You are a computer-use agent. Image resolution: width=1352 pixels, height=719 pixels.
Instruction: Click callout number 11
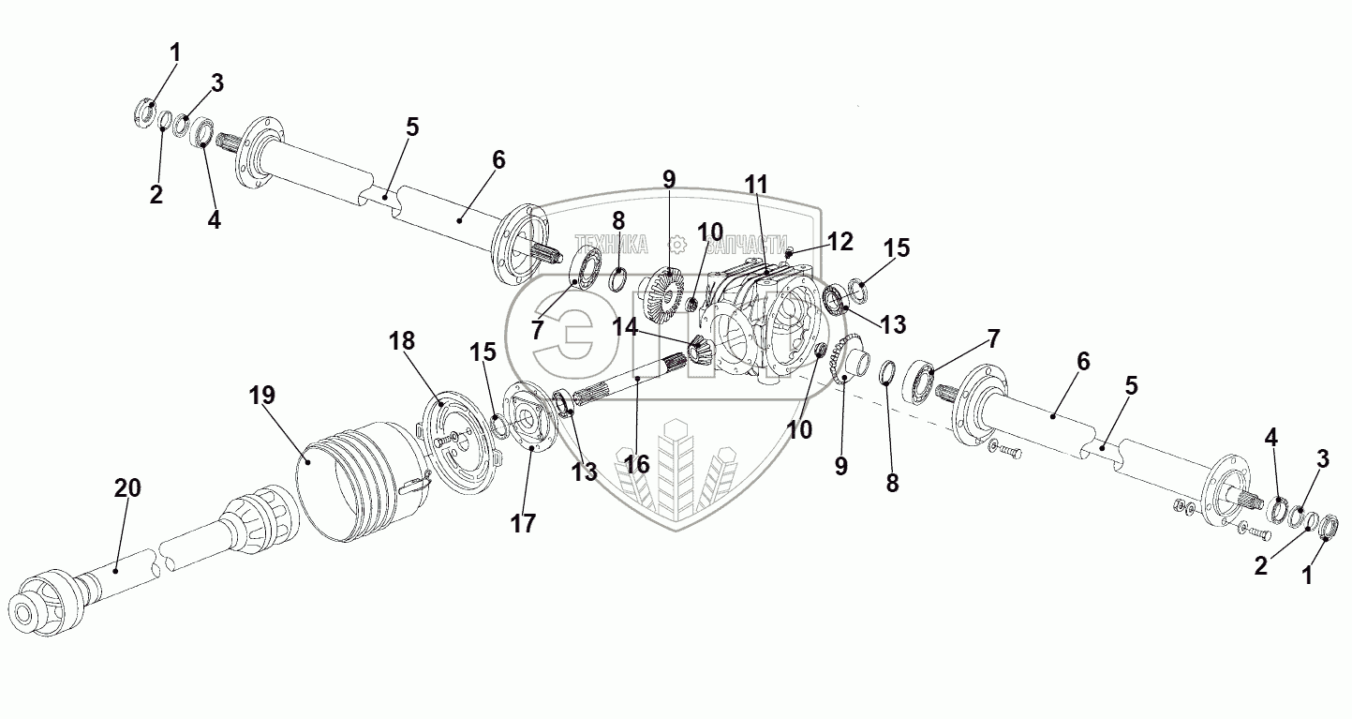(x=757, y=185)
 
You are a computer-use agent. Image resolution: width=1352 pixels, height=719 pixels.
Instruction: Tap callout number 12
(x=840, y=241)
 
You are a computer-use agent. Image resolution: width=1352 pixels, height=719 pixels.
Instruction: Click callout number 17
(x=523, y=523)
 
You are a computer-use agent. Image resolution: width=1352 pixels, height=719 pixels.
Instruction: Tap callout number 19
(x=263, y=395)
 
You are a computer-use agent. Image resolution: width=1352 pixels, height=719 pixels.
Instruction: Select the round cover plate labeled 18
(x=456, y=441)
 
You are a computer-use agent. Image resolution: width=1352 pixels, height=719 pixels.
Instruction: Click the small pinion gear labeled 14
(x=701, y=350)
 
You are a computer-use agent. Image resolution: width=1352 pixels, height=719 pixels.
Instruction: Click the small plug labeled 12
(x=790, y=251)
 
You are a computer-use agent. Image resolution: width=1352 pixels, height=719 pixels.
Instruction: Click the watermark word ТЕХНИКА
(x=612, y=245)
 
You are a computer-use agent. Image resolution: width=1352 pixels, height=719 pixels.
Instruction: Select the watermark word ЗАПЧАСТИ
(x=746, y=245)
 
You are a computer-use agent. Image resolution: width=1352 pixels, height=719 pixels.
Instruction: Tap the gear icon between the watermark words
(x=677, y=245)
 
